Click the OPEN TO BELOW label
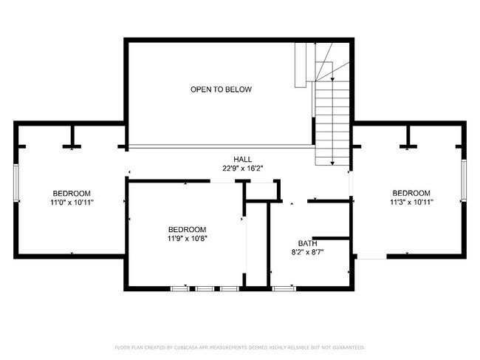[x=221, y=89]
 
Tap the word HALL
[x=242, y=159]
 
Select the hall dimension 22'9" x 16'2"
[x=242, y=168]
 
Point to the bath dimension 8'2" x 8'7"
[x=307, y=252]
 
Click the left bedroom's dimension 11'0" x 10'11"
[x=72, y=201]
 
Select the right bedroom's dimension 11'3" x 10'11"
[x=411, y=201]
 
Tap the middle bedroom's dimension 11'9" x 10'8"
[x=187, y=238]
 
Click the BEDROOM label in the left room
[x=72, y=192]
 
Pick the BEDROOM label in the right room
[x=411, y=192]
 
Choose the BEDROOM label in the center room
[x=187, y=229]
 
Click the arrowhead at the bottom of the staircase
[x=333, y=162]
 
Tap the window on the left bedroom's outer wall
[x=15, y=182]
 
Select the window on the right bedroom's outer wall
[x=464, y=182]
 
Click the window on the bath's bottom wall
[x=284, y=288]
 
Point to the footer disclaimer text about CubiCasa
[x=240, y=347]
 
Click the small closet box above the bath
[x=263, y=190]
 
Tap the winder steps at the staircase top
[x=328, y=70]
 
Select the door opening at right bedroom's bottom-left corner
[x=370, y=257]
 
